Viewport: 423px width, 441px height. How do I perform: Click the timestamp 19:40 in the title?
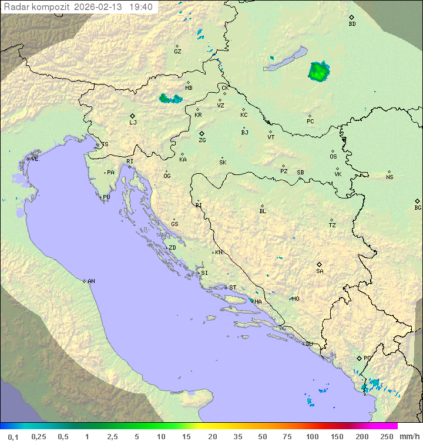click(140, 7)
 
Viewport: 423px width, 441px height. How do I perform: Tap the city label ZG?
click(202, 140)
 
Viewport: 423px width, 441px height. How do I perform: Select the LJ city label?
click(133, 123)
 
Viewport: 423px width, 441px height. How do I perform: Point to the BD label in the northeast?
click(352, 24)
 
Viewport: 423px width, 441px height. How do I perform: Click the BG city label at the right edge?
click(418, 207)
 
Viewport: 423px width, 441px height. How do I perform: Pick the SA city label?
click(320, 271)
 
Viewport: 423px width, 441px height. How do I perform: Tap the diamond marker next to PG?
click(359, 358)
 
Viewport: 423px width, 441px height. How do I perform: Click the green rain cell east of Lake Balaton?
click(318, 72)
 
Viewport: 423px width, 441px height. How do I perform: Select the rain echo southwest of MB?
click(170, 99)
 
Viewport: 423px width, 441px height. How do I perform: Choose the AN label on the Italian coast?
click(91, 281)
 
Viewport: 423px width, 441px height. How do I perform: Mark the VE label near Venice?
click(35, 159)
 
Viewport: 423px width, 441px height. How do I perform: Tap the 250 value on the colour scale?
click(386, 436)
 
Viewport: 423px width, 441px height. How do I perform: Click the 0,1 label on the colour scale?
click(13, 436)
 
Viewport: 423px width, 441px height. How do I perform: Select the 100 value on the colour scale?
click(312, 436)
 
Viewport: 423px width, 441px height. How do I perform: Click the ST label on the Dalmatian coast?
click(233, 287)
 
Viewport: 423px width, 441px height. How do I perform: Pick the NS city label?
click(390, 177)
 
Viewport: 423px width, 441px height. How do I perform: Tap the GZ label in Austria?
click(177, 51)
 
